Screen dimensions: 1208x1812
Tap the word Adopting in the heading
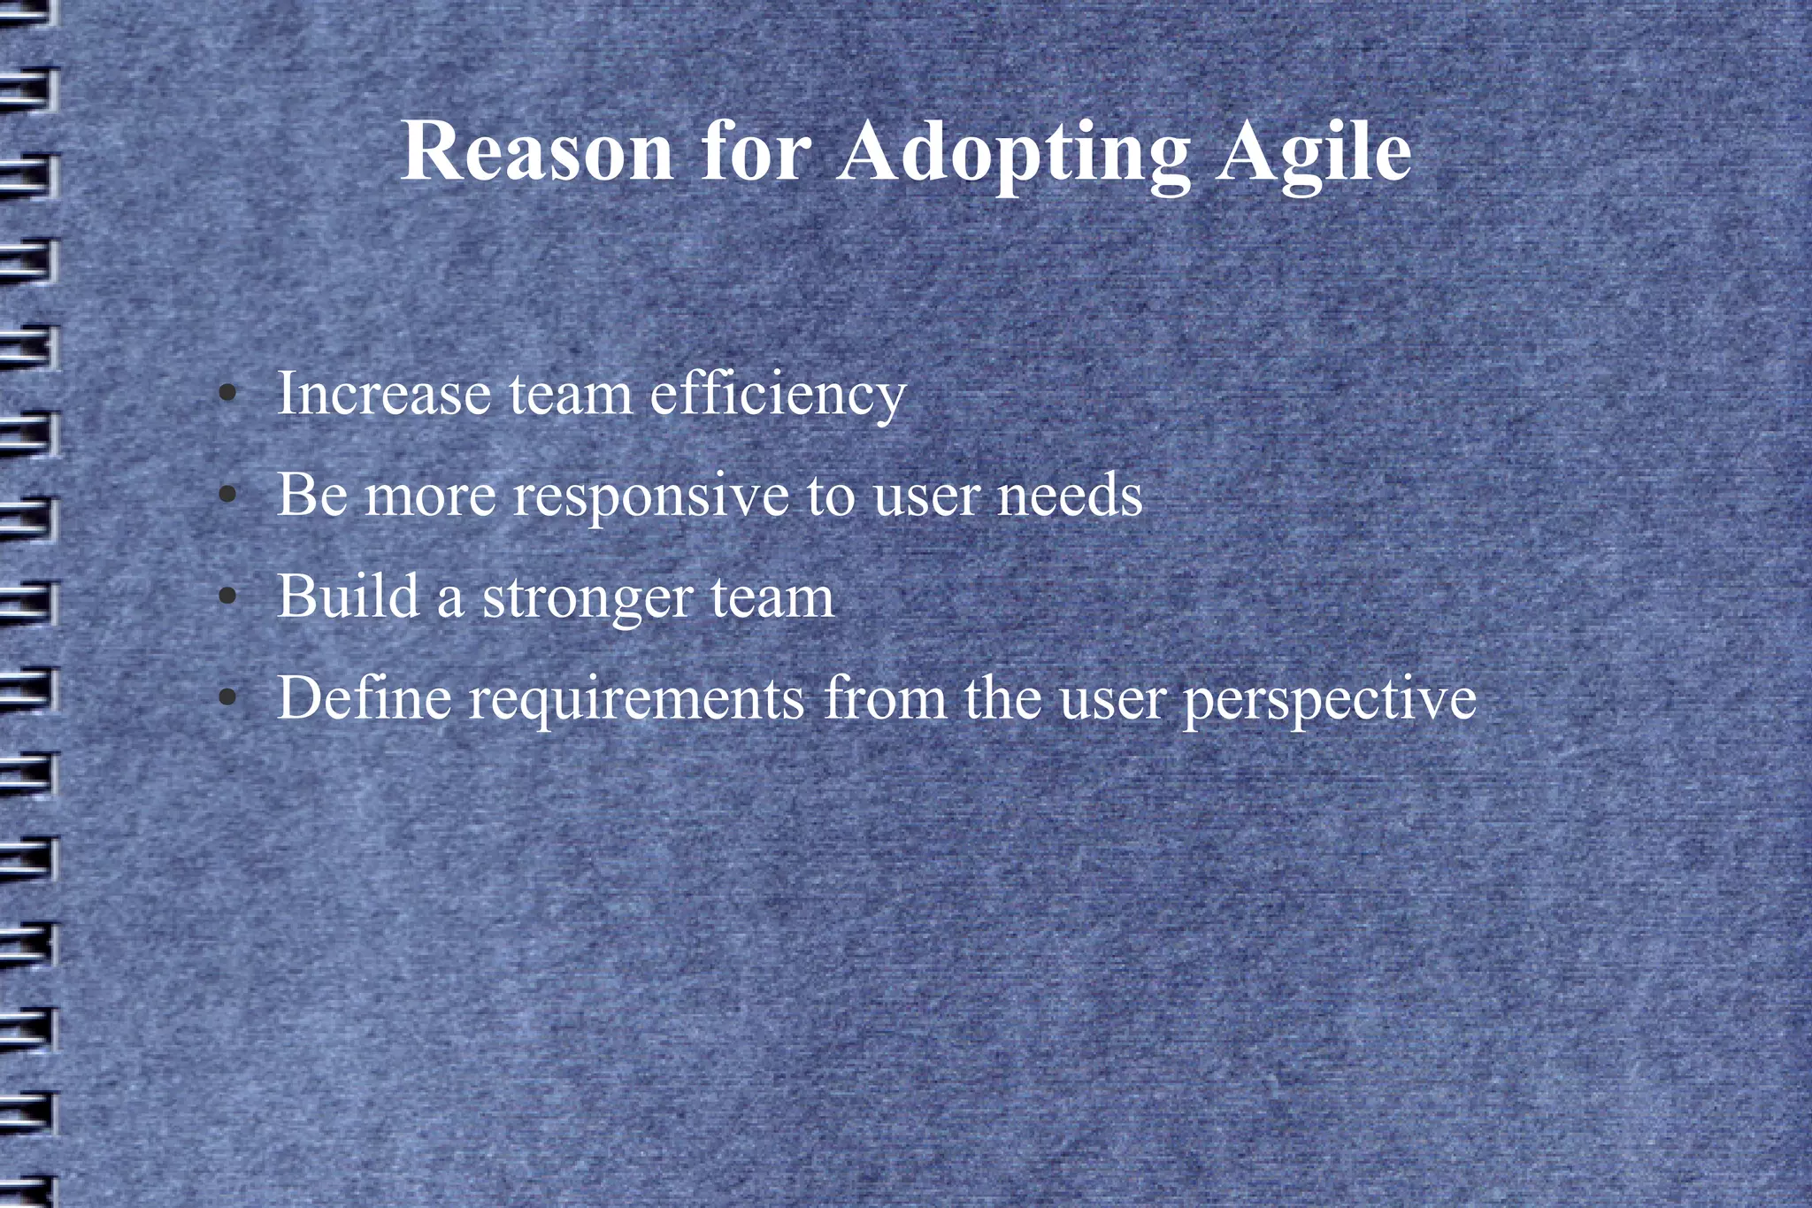(x=1014, y=152)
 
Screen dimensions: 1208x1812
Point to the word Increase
(x=384, y=393)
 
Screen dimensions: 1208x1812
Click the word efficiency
(x=779, y=395)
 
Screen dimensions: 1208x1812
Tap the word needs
(x=1070, y=496)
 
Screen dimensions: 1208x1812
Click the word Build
(x=348, y=596)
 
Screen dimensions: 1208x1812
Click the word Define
(x=365, y=698)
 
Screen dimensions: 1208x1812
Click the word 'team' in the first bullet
(x=571, y=395)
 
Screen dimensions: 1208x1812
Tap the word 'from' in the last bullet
(x=886, y=698)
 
